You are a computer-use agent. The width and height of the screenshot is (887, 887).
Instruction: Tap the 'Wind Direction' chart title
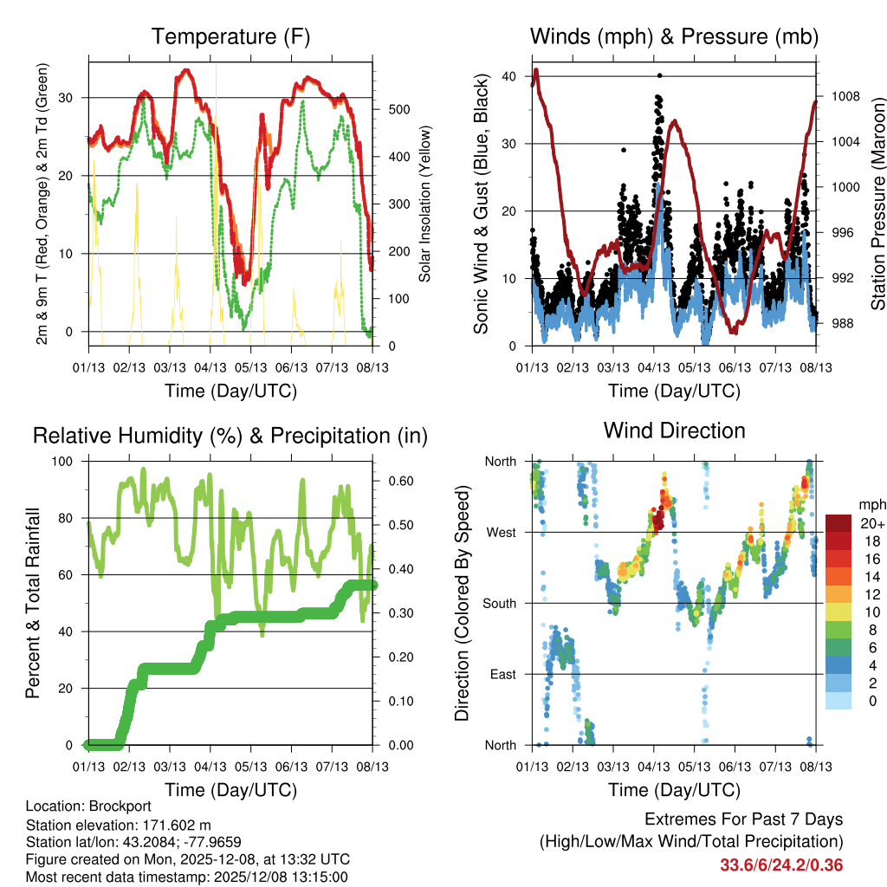(x=674, y=430)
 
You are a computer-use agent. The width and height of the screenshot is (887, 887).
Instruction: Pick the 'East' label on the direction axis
(x=502, y=674)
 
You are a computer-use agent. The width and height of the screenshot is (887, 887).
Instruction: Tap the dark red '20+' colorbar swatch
(x=839, y=523)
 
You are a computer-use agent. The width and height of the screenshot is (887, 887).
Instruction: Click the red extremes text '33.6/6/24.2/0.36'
(x=780, y=864)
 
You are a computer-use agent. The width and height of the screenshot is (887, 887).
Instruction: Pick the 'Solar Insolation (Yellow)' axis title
(x=424, y=204)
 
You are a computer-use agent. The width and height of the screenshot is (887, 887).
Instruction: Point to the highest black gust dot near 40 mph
(x=659, y=75)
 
